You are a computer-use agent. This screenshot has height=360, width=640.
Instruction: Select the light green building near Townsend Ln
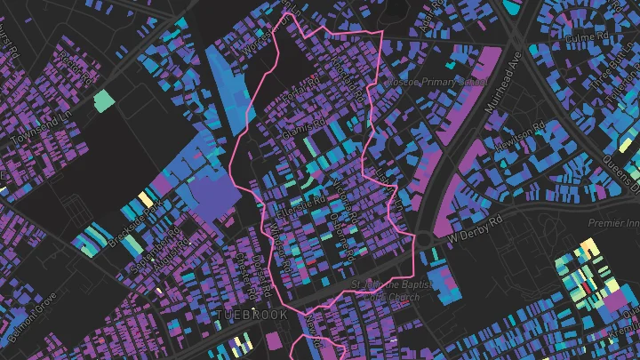pos(104,100)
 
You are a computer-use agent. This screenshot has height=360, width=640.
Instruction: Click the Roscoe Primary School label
pos(436,82)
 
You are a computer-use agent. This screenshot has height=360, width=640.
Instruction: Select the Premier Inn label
pos(612,225)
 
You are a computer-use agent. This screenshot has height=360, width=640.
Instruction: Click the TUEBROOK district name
pos(250,316)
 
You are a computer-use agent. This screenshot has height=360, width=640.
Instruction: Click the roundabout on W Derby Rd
pos(424,240)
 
